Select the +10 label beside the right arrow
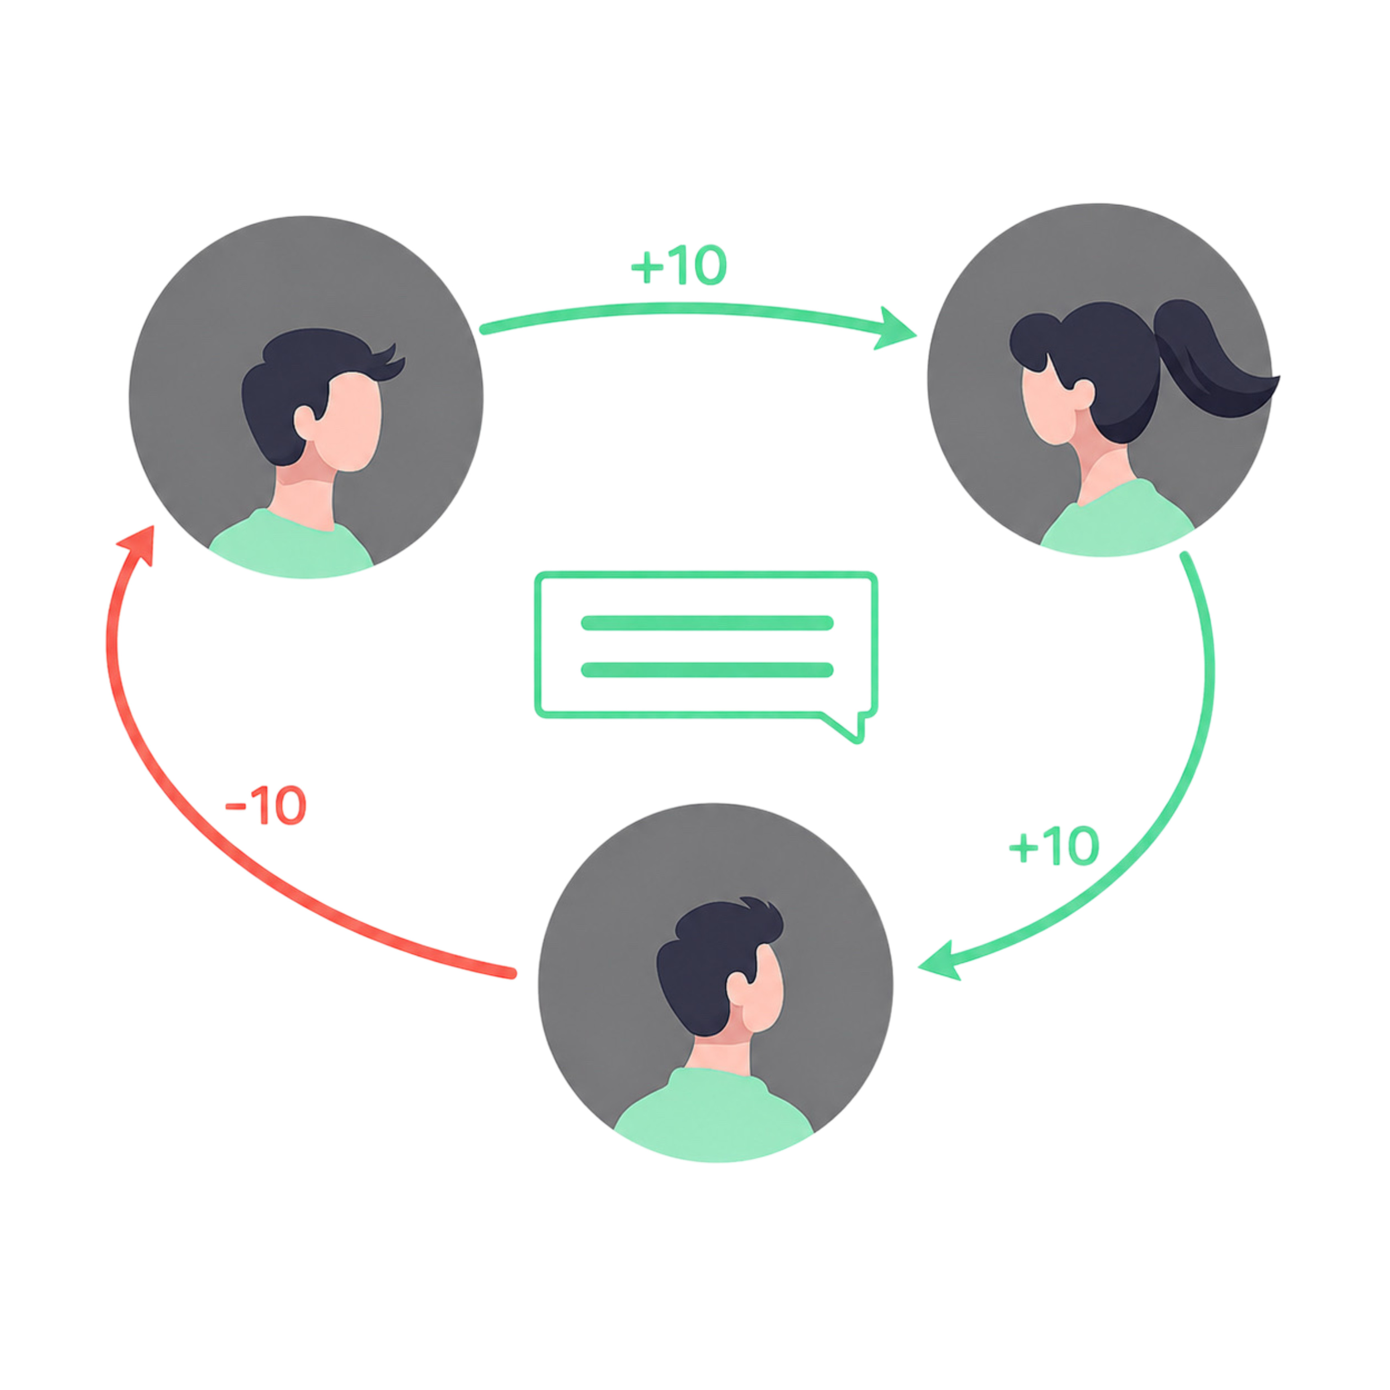click(1054, 846)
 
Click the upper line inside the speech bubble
click(707, 623)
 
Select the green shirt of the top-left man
click(291, 545)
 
